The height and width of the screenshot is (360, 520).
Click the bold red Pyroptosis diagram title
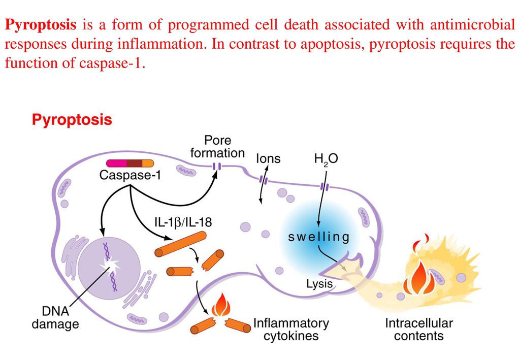pyautogui.click(x=72, y=120)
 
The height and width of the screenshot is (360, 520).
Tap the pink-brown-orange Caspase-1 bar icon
pyautogui.click(x=130, y=163)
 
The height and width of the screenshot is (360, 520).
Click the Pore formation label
pyautogui.click(x=217, y=146)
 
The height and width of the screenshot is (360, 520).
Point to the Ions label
pyautogui.click(x=268, y=159)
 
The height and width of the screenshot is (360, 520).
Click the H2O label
pyautogui.click(x=326, y=159)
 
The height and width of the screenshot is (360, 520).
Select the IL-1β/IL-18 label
pyautogui.click(x=183, y=222)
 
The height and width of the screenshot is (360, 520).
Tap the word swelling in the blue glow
pyautogui.click(x=319, y=237)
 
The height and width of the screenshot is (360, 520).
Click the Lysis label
pyautogui.click(x=319, y=284)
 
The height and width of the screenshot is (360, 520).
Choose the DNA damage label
pyautogui.click(x=56, y=317)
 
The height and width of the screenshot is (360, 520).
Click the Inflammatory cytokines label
pyautogui.click(x=291, y=329)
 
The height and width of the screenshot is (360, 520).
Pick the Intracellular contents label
pyautogui.click(x=418, y=329)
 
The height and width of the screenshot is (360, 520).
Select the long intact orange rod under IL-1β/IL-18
pyautogui.click(x=180, y=244)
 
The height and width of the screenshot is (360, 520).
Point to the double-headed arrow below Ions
pyautogui.click(x=263, y=189)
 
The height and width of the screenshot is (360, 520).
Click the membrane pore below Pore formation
pyautogui.click(x=217, y=167)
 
